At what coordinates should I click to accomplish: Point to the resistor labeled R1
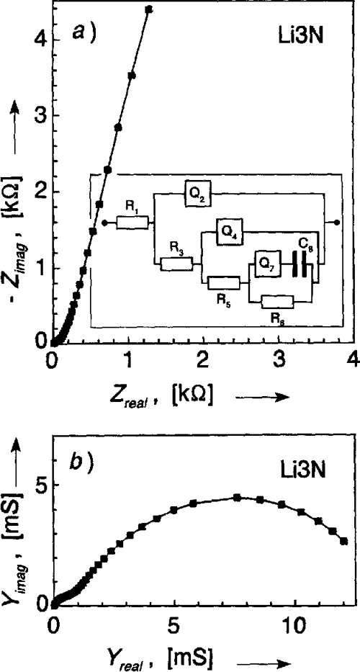(x=132, y=223)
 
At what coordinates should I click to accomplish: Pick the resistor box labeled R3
(x=176, y=264)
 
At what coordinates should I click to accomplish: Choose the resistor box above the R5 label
(x=223, y=283)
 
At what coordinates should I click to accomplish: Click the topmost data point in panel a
(x=149, y=9)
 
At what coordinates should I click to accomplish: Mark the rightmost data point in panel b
(x=343, y=542)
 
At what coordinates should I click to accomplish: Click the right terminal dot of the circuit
(x=337, y=223)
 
